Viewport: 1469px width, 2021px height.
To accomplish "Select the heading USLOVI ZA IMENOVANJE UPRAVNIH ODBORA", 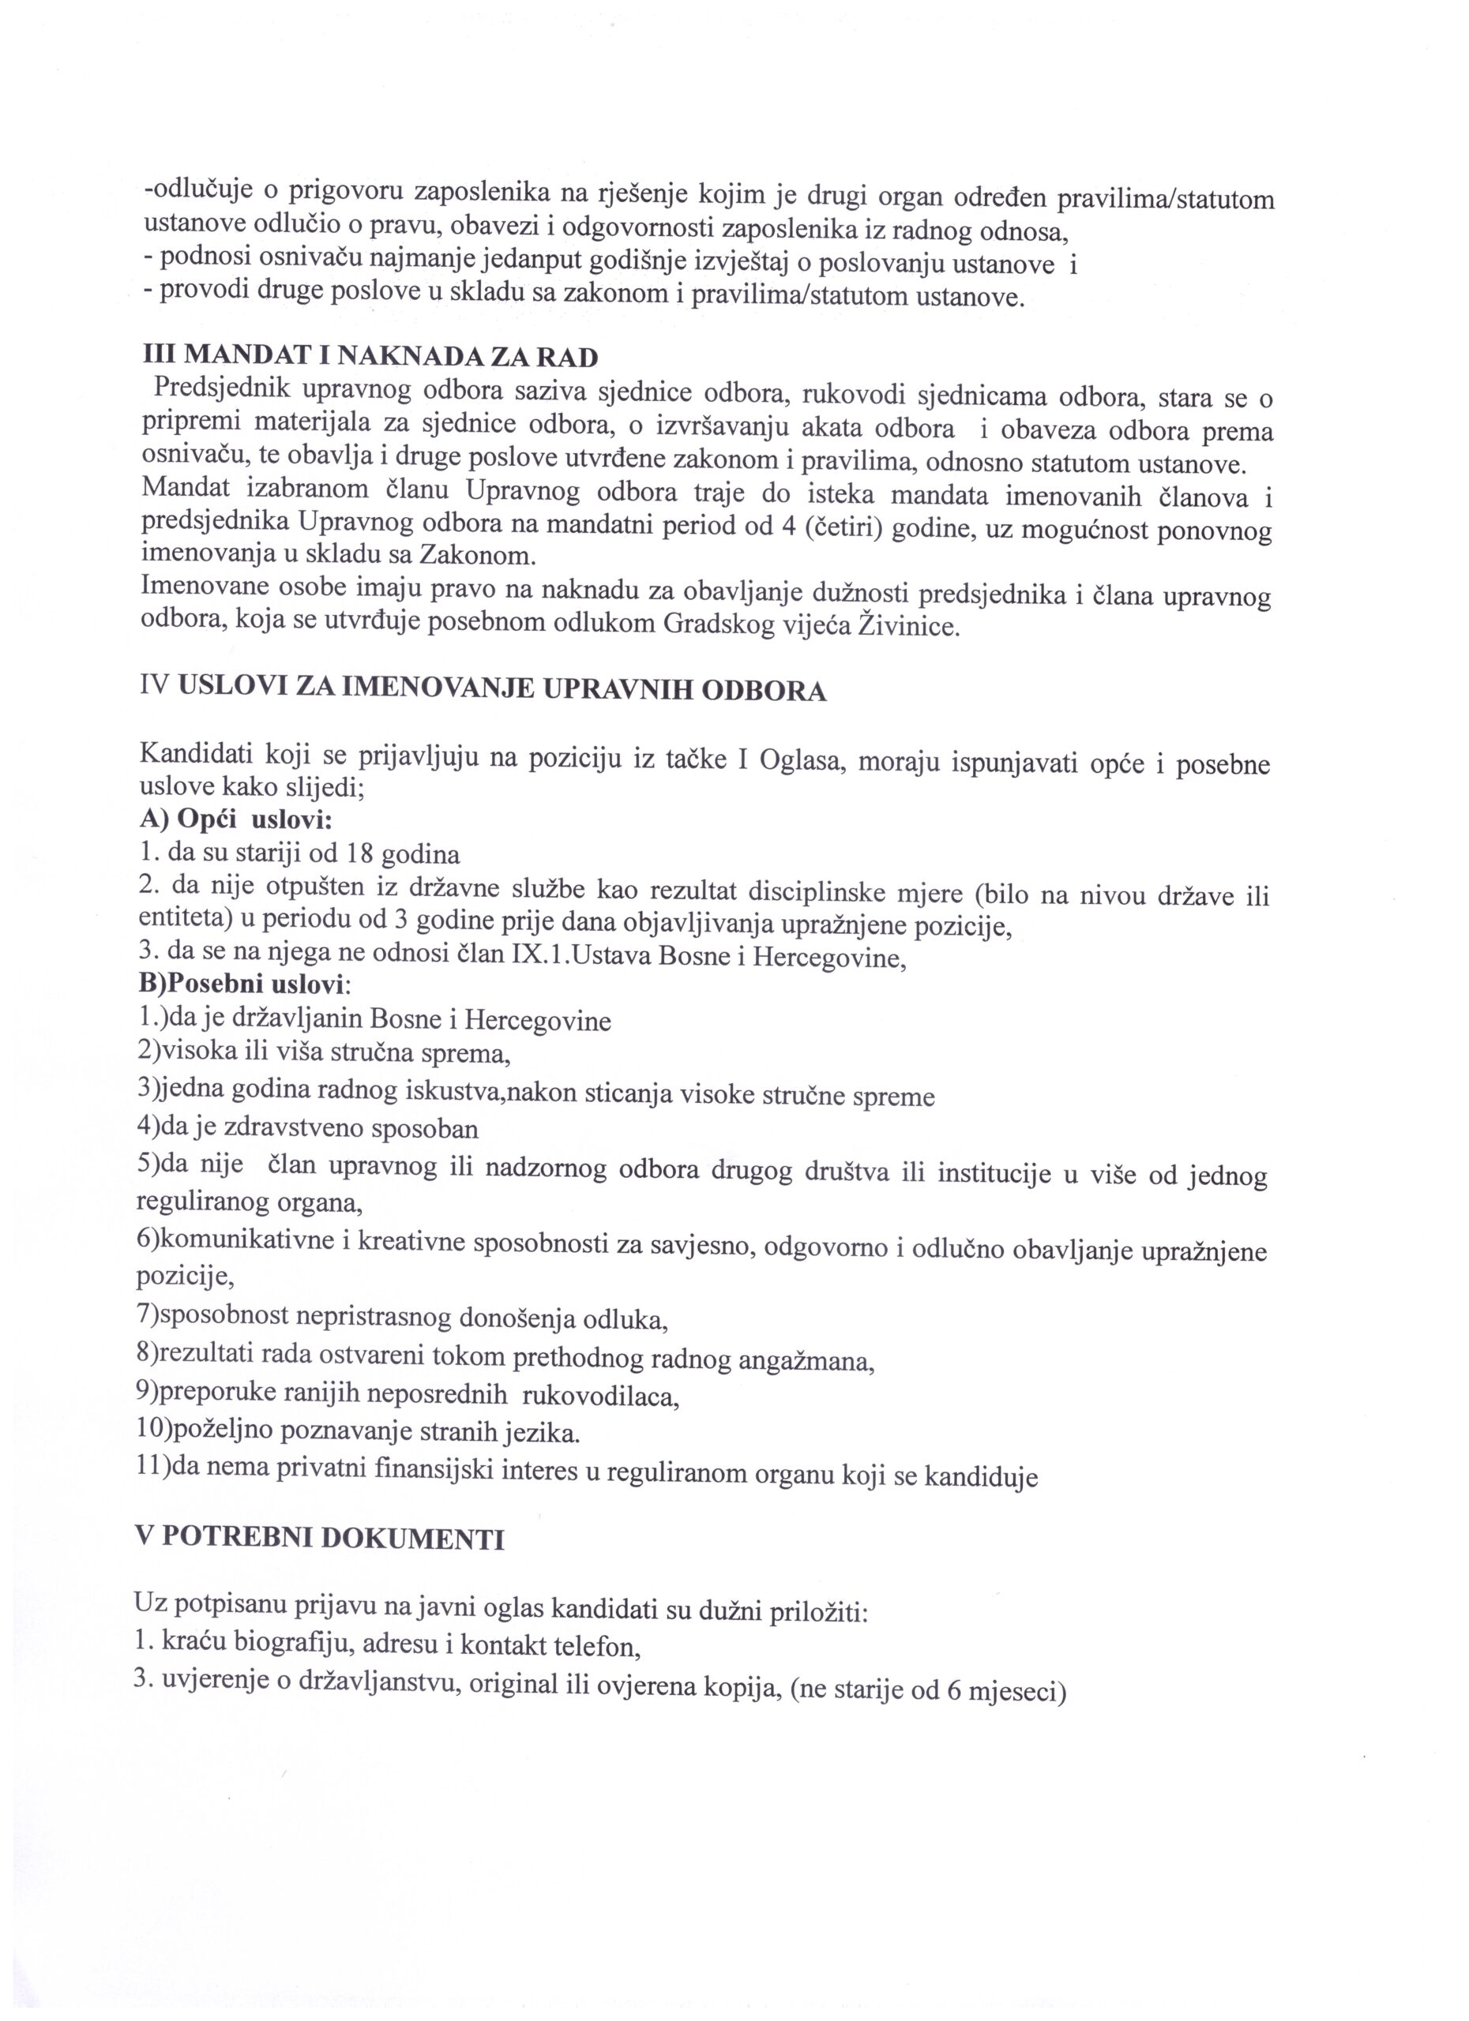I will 502,690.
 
